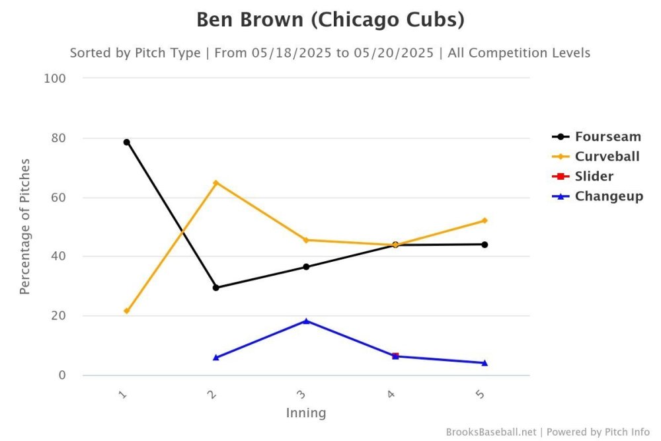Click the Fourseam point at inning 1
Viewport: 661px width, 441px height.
tap(126, 142)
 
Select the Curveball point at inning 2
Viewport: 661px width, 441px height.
tap(216, 182)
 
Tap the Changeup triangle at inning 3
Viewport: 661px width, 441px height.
tap(306, 321)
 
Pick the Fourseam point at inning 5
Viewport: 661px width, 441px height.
tap(485, 245)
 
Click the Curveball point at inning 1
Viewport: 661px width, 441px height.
tap(126, 311)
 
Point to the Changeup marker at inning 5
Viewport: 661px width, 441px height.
tap(485, 362)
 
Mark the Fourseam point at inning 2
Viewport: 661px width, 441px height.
tap(216, 288)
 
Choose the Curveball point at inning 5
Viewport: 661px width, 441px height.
tap(485, 220)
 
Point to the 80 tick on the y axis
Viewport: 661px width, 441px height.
tap(58, 138)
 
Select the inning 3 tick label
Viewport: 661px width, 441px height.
tap(301, 394)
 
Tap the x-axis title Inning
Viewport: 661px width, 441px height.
tap(306, 413)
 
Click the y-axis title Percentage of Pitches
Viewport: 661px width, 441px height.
tap(24, 226)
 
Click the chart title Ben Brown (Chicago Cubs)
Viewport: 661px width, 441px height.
tap(330, 20)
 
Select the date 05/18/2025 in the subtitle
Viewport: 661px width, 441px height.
tap(292, 53)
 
